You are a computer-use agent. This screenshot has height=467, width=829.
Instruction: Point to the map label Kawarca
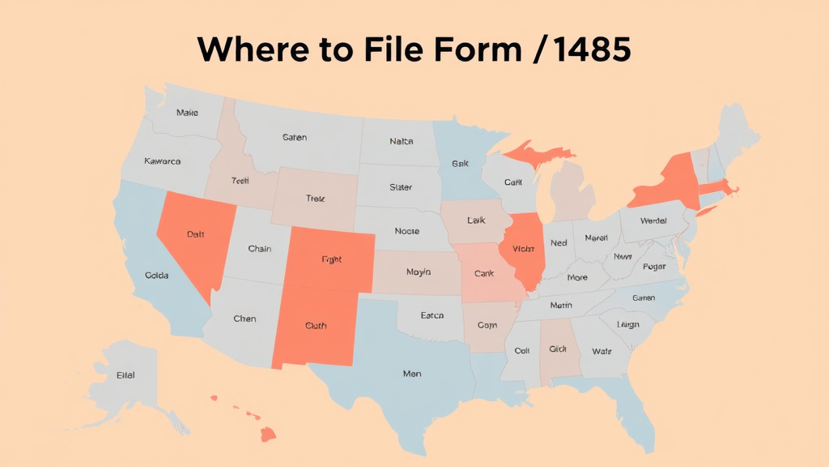click(x=162, y=161)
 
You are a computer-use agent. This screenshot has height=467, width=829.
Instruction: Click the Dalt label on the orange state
click(x=195, y=234)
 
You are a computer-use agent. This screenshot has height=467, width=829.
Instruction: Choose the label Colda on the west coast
click(x=156, y=276)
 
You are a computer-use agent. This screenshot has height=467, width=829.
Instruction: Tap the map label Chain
click(x=259, y=249)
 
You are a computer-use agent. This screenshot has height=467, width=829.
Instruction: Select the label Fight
click(x=331, y=260)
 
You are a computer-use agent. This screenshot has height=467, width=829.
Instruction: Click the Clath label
click(x=316, y=326)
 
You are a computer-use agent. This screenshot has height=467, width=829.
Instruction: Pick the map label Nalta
click(x=401, y=141)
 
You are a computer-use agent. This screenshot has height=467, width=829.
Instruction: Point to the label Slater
click(x=400, y=187)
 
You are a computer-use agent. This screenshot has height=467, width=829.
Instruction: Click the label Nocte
click(x=406, y=231)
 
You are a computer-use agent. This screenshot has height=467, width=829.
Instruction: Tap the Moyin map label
click(x=418, y=272)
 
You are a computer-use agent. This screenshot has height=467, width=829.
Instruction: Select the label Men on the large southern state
click(x=411, y=375)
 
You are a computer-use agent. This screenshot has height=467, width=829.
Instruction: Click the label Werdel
click(x=653, y=221)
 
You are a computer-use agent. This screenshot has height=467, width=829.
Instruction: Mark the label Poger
click(x=653, y=267)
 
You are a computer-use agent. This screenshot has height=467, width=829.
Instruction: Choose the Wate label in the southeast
click(x=602, y=351)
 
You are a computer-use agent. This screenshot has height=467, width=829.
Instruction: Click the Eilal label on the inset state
click(x=125, y=375)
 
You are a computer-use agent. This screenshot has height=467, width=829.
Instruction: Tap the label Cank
click(x=483, y=274)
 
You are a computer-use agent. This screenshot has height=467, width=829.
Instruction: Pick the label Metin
click(x=560, y=306)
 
